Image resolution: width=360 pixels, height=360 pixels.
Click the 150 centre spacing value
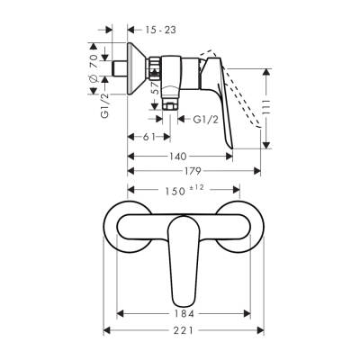click(176, 191)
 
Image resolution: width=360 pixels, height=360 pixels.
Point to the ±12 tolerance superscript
click(198, 187)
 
